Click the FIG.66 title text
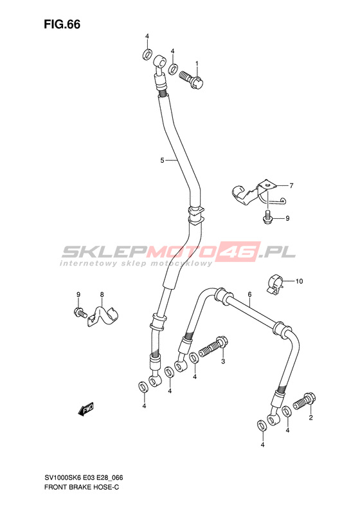tap(62, 24)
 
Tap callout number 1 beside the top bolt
tap(197, 63)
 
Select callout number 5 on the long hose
tap(162, 160)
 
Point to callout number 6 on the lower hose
tap(249, 295)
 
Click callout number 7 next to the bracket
tap(291, 186)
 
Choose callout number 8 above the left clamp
tap(102, 295)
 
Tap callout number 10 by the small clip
tap(299, 281)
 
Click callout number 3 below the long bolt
tap(223, 361)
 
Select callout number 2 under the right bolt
tap(310, 418)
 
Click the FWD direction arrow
tap(86, 409)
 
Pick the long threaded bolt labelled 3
tap(213, 347)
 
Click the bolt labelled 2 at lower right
tap(305, 401)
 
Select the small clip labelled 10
tap(275, 284)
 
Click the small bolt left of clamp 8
tap(80, 312)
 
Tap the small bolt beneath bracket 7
tap(267, 217)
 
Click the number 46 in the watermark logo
tap(239, 251)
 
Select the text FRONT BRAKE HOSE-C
tap(82, 487)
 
